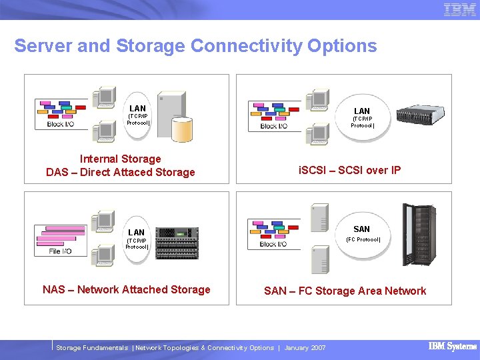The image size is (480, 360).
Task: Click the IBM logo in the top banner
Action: pos(459,10)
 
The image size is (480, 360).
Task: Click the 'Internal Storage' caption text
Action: pos(121,159)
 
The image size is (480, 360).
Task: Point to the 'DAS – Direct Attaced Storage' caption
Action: pos(121,173)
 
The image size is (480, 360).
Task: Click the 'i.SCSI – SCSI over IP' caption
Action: pos(350,170)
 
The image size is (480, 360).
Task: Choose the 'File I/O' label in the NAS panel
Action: pos(60,251)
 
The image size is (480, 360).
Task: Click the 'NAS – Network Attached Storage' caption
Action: pos(127,289)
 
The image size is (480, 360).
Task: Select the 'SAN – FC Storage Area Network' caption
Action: pos(345,291)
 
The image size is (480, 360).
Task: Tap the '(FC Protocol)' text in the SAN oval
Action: pos(363,239)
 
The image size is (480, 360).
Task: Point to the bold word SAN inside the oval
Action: pos(361,229)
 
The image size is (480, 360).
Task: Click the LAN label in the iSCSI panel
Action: pos(362,111)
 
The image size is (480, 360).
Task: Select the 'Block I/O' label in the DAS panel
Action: pos(61,124)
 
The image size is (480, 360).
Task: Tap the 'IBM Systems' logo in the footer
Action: pos(452,347)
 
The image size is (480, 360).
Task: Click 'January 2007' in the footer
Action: pos(305,348)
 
